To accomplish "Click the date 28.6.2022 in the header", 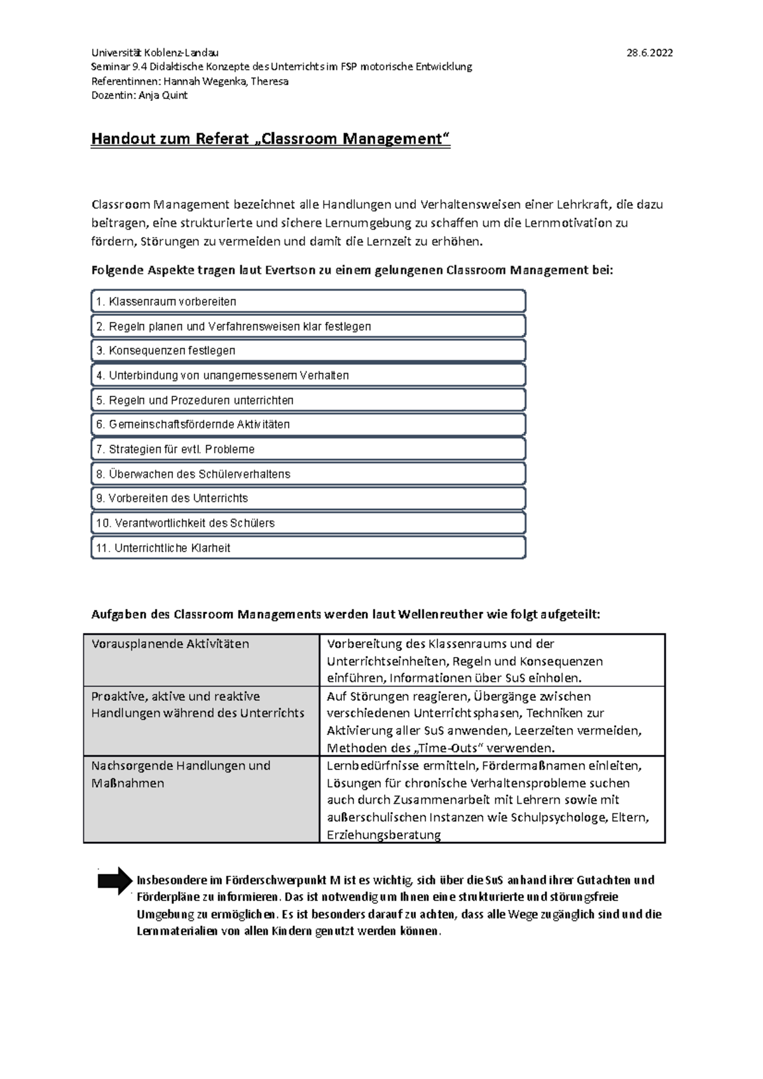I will click(x=649, y=53).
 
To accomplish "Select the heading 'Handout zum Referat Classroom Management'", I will click(x=270, y=139).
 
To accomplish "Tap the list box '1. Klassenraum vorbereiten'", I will click(x=308, y=301).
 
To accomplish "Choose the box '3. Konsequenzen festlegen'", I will click(x=308, y=351).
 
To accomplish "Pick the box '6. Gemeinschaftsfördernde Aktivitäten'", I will click(x=308, y=424).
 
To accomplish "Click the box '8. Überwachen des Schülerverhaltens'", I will click(x=308, y=474).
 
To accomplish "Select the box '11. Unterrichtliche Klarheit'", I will click(x=308, y=548).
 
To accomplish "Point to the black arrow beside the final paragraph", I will click(x=114, y=881).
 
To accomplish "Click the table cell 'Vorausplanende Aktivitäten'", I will click(x=201, y=660).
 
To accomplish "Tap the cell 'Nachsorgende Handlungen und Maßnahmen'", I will click(x=201, y=799).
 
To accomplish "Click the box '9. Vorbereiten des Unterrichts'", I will click(x=308, y=498).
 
